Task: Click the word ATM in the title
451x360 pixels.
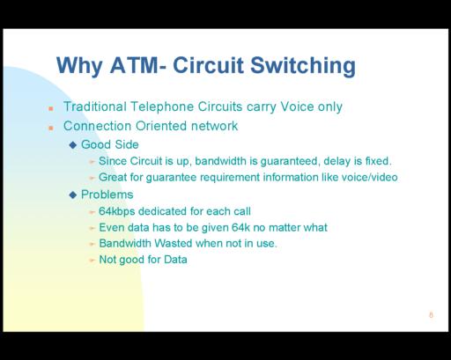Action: point(135,65)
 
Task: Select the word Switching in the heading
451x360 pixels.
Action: point(303,67)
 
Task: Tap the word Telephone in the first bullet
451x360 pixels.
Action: point(162,107)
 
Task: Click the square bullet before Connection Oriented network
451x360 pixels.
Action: point(51,128)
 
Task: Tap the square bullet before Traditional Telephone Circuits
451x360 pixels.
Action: point(51,108)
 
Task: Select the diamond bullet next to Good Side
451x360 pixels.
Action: point(73,144)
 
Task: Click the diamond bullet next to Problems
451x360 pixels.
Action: point(73,195)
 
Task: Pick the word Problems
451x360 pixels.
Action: point(107,195)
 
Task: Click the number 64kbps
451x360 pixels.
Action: point(117,211)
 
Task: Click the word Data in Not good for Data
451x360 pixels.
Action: point(175,260)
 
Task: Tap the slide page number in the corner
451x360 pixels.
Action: point(431,315)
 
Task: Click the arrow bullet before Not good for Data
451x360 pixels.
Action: point(92,260)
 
